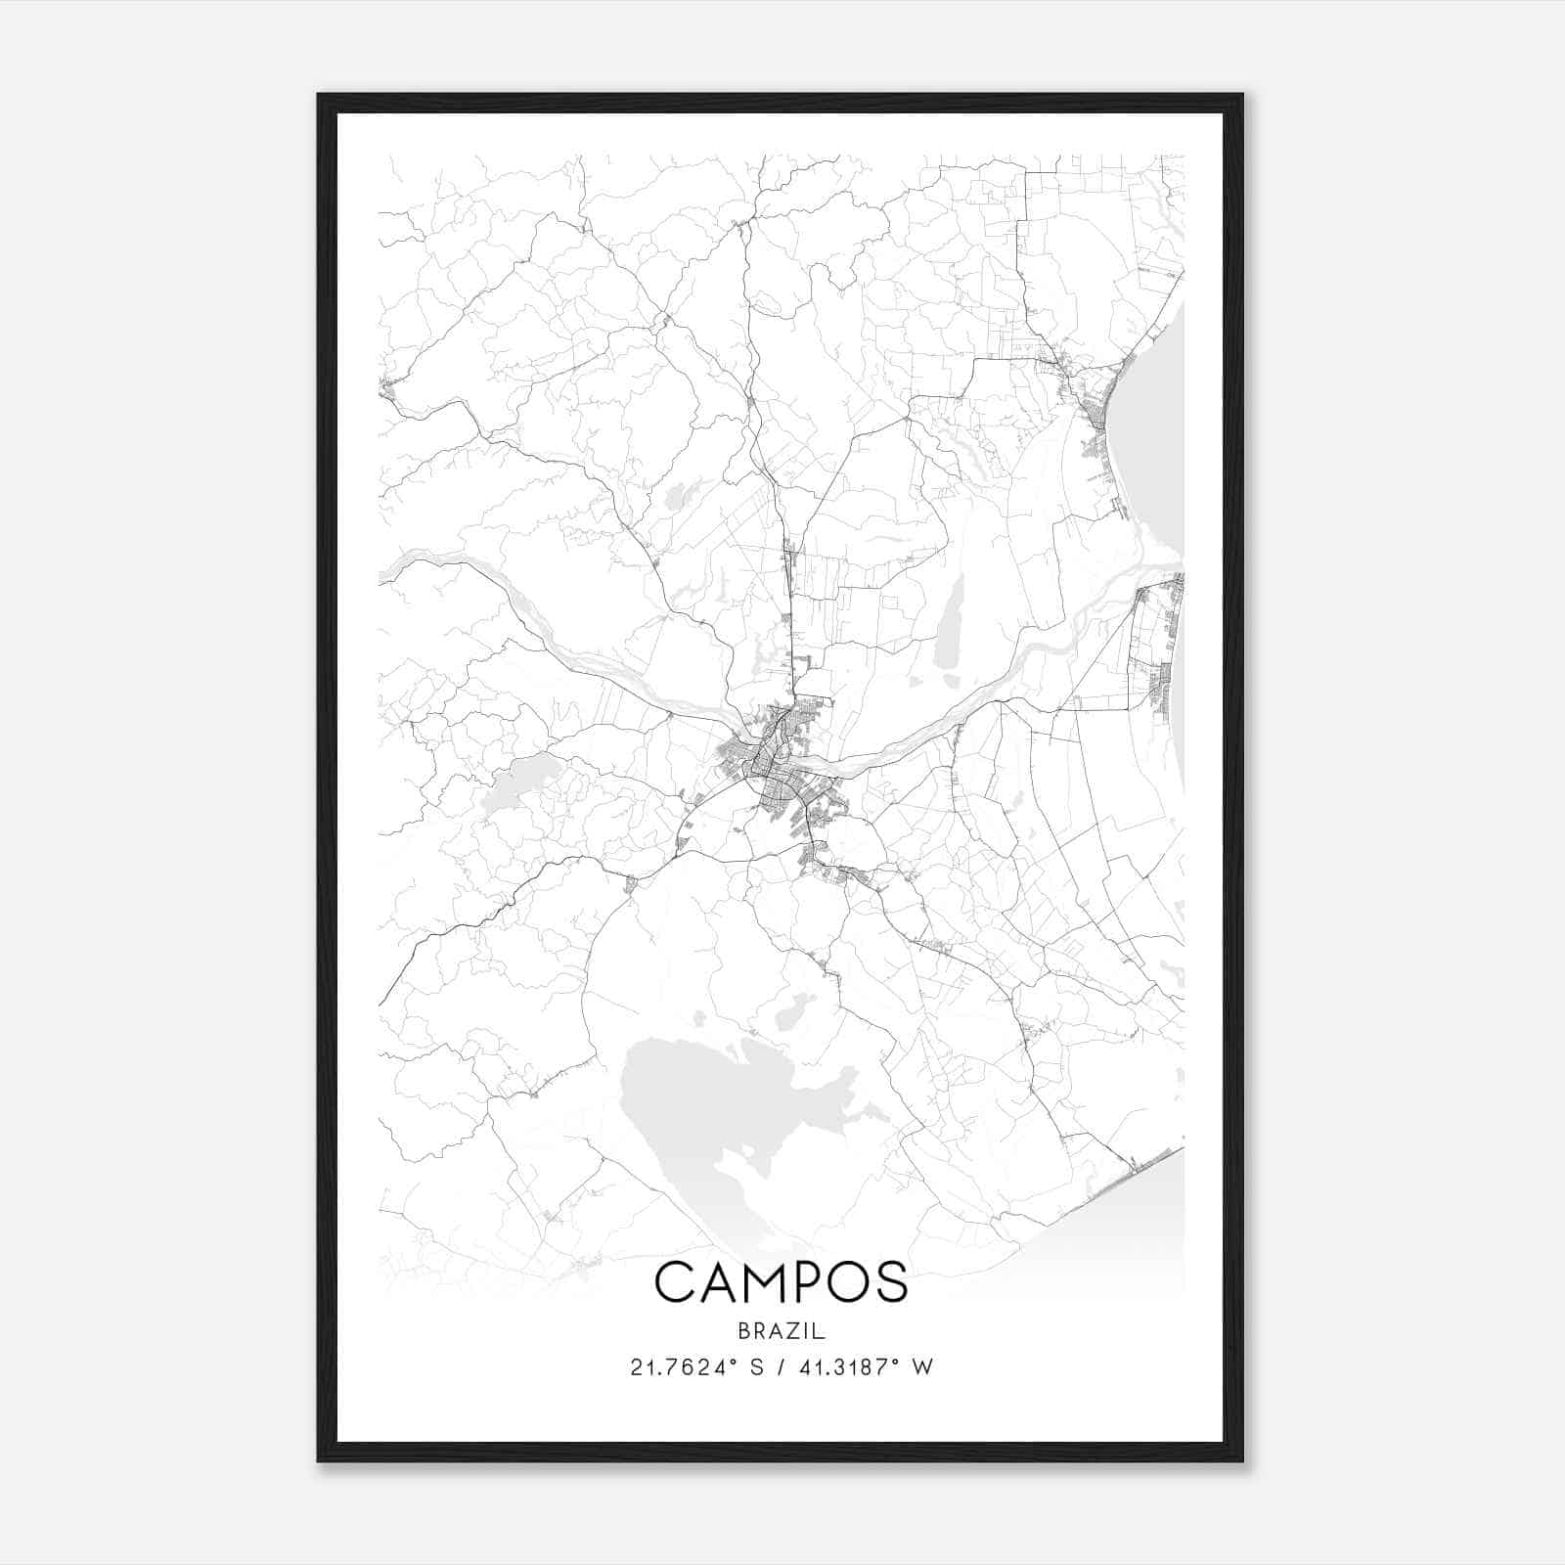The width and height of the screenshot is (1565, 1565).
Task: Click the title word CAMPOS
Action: [782, 1282]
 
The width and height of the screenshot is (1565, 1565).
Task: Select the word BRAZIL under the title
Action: [782, 1331]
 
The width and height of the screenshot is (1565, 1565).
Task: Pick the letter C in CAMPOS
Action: [675, 1282]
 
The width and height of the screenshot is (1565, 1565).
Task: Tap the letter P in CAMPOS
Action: [815, 1282]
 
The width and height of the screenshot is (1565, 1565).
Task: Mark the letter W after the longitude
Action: [922, 1367]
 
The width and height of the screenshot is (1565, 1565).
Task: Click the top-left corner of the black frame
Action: [318, 95]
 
